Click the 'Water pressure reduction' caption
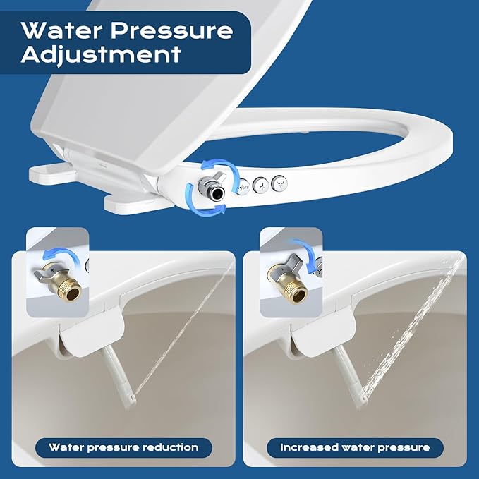123,447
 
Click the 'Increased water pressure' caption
354,447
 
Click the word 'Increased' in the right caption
308,447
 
